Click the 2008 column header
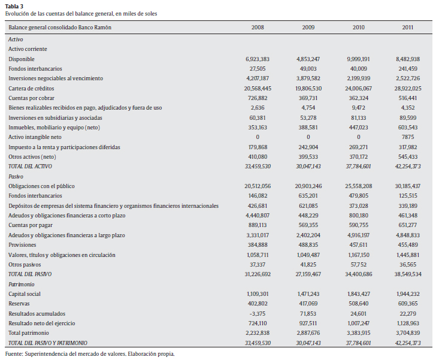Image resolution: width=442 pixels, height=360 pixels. click(x=258, y=28)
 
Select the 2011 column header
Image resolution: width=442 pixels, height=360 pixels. click(x=407, y=28)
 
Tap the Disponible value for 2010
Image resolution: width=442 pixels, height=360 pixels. click(x=358, y=59)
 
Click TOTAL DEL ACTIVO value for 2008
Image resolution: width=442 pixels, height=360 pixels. click(x=258, y=167)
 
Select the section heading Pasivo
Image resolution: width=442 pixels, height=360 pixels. click(x=16, y=177)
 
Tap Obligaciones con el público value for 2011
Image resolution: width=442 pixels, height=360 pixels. click(x=407, y=186)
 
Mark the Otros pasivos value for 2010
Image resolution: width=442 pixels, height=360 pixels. click(x=358, y=264)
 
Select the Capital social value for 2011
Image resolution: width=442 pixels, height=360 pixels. click(x=407, y=294)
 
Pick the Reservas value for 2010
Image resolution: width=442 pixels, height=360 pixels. click(x=358, y=304)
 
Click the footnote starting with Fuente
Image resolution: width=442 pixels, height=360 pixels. click(x=89, y=354)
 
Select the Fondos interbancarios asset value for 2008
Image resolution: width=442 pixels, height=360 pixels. click(x=258, y=69)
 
